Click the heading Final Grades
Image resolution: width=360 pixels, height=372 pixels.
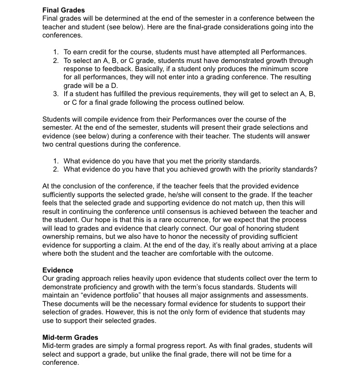[64, 10]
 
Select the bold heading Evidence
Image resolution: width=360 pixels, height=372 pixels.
[58, 270]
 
